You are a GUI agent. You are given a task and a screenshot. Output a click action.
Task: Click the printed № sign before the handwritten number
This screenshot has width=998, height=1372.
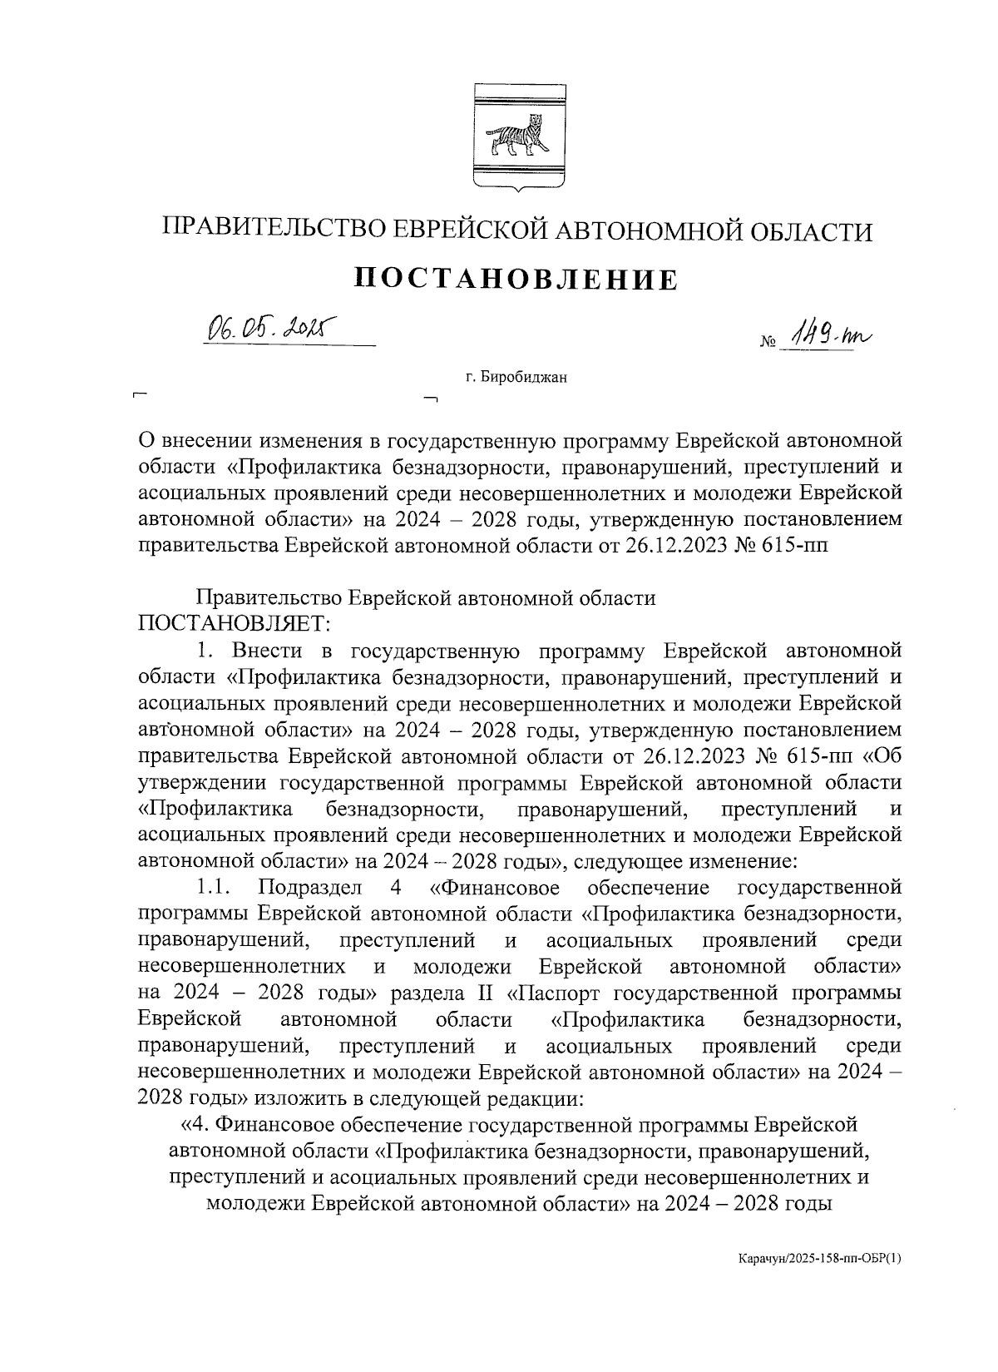click(767, 344)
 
